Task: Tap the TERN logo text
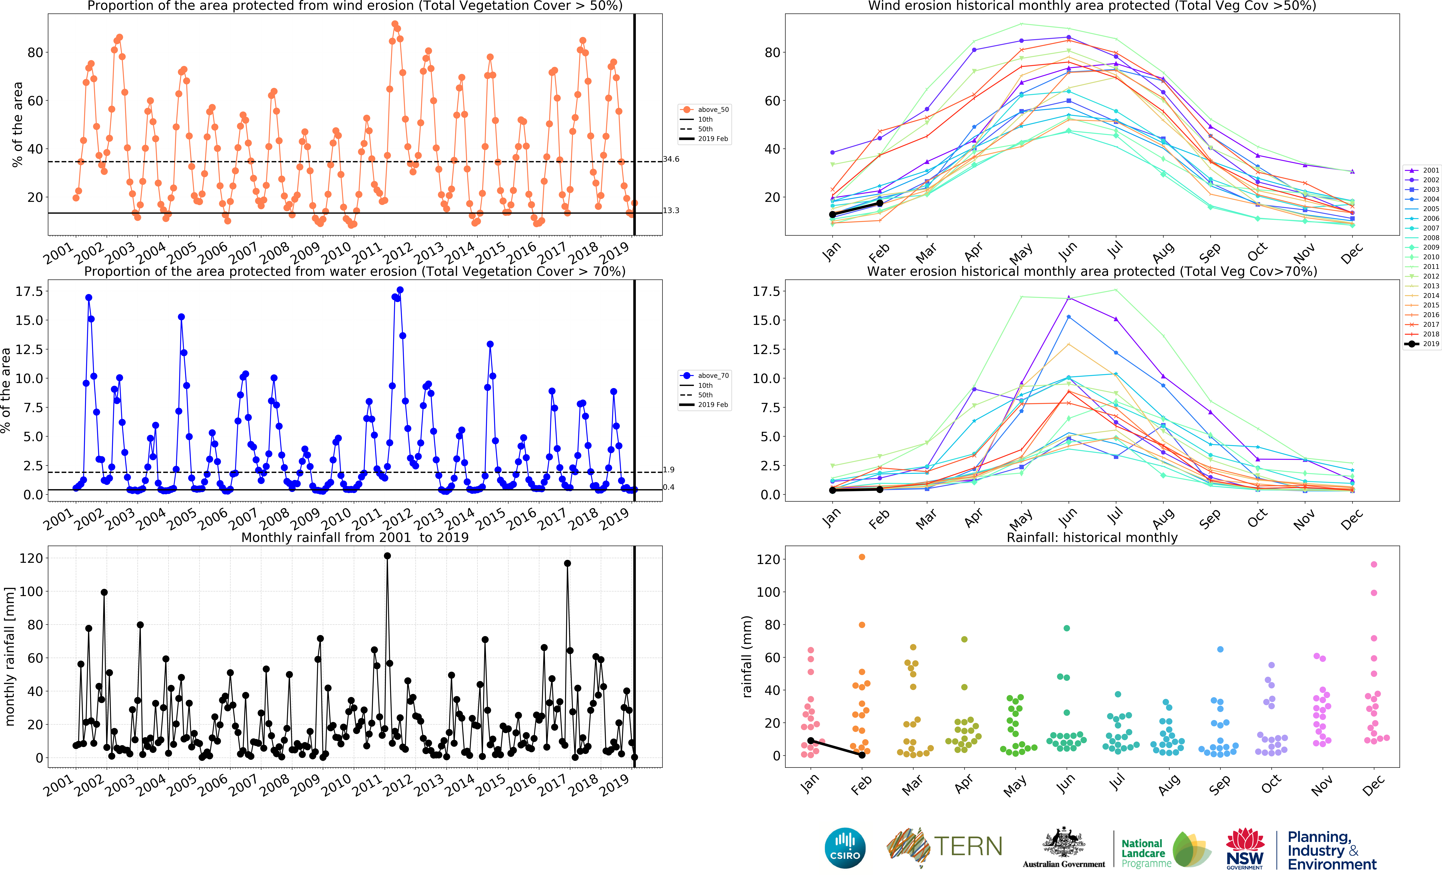[x=968, y=847]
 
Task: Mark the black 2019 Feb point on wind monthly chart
[x=879, y=203]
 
